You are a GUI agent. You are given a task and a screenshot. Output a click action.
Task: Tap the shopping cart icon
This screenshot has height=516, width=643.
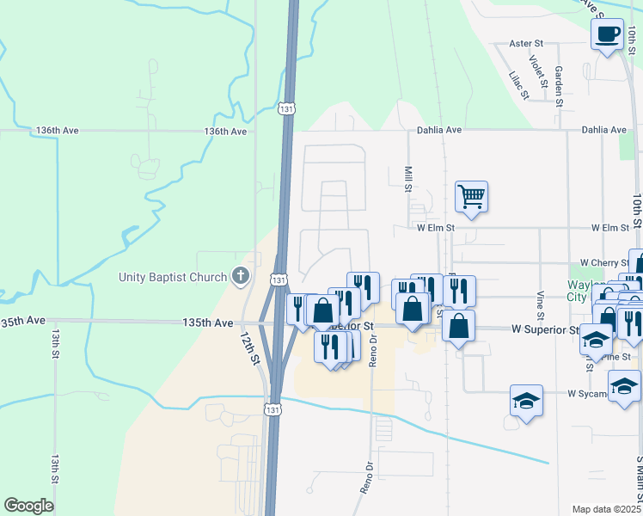(472, 197)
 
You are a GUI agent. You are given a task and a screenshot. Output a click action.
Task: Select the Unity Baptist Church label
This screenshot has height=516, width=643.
(173, 277)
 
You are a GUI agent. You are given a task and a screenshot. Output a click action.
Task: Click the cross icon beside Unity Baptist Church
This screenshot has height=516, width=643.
(242, 277)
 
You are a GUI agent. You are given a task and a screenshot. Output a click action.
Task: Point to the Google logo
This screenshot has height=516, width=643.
(28, 506)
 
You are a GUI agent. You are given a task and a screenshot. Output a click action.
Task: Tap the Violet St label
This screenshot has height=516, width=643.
(538, 72)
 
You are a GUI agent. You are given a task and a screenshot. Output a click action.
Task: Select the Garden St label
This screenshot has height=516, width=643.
(559, 85)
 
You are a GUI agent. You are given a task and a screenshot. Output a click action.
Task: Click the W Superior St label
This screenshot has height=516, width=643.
(545, 329)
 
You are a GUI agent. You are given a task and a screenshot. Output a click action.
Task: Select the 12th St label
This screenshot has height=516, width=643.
(250, 348)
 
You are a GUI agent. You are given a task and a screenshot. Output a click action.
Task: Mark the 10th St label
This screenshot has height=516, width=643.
(636, 210)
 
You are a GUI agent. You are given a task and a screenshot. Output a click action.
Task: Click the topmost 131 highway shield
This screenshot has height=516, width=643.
(287, 109)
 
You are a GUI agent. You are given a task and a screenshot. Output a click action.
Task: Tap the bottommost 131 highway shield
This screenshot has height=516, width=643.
(273, 410)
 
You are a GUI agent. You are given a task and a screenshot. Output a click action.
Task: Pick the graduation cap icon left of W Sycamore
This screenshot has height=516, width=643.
(526, 401)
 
